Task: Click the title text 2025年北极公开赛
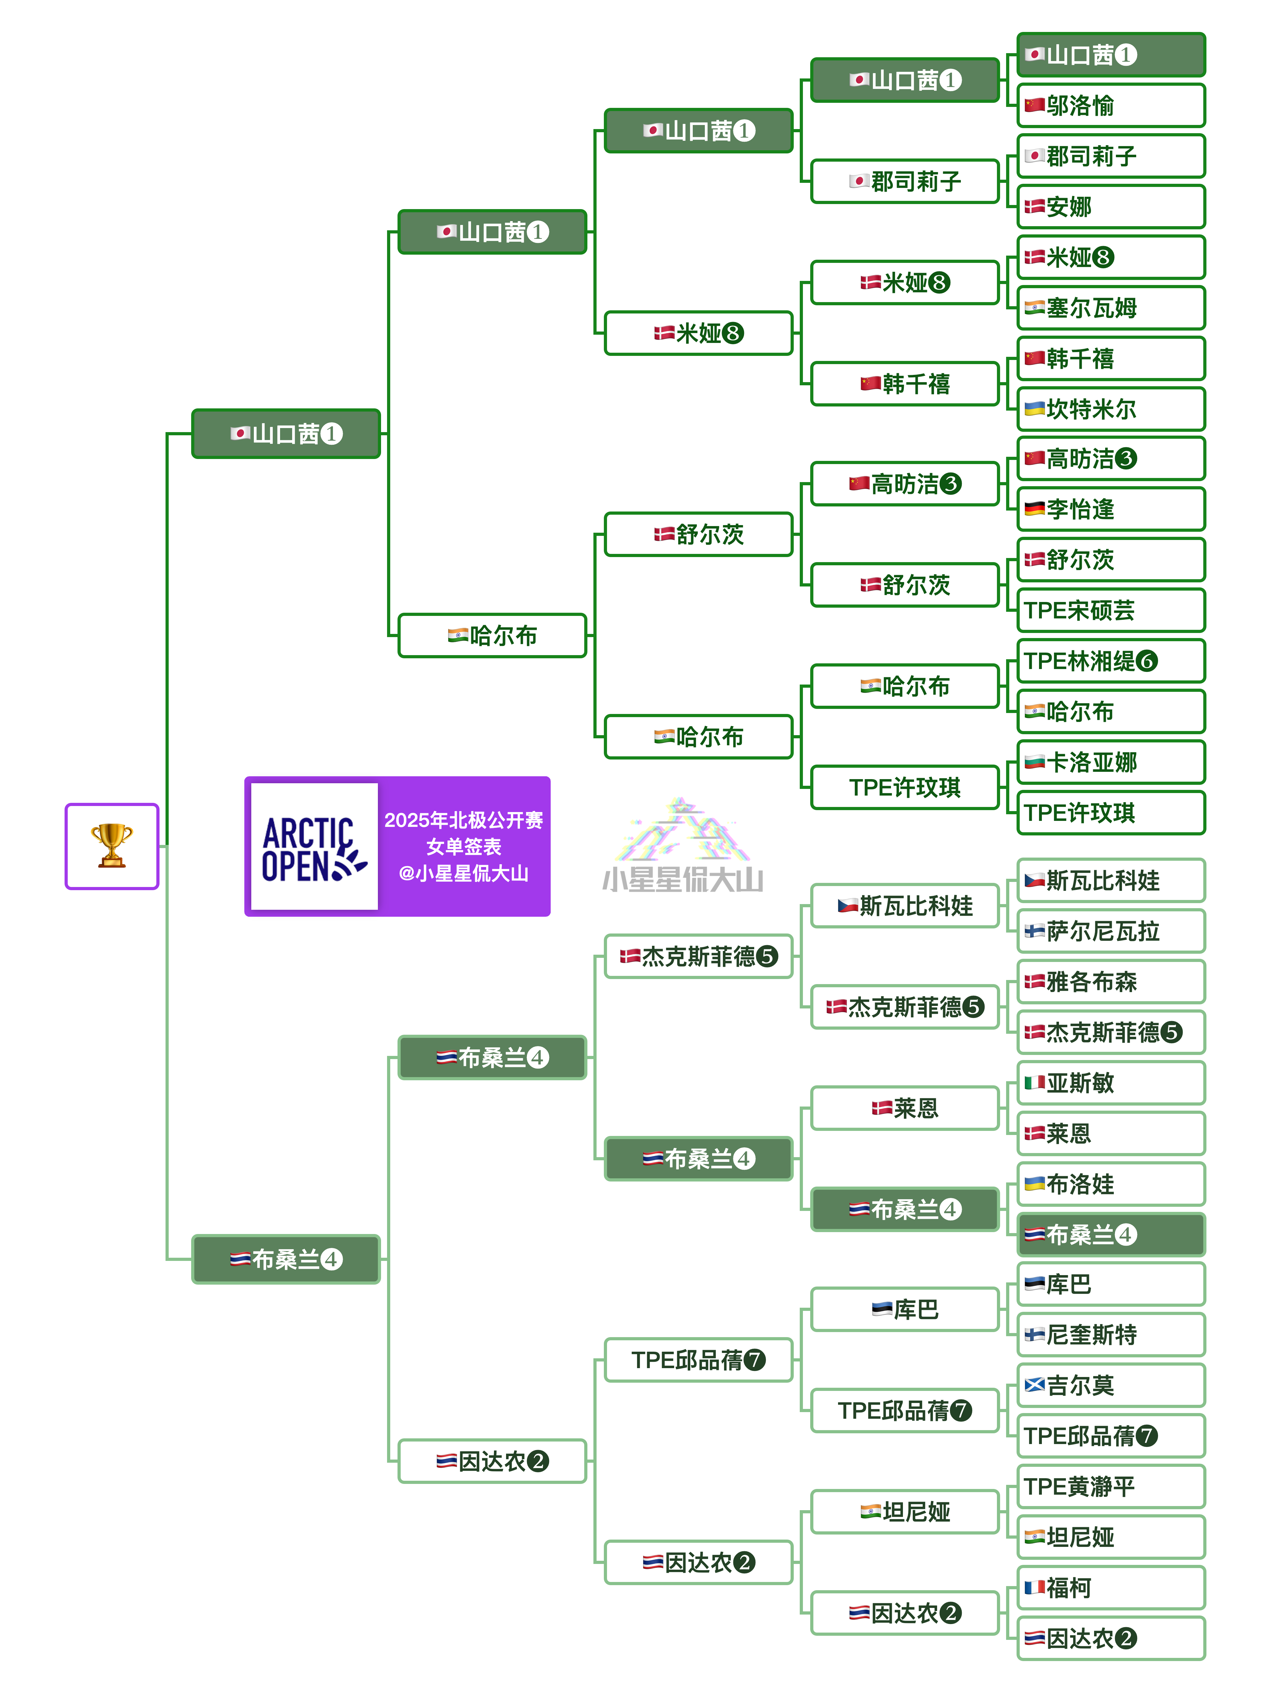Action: (x=463, y=821)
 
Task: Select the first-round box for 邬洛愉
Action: (x=1110, y=106)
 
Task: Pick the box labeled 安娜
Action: (x=1110, y=207)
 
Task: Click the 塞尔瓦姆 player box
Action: (x=1110, y=308)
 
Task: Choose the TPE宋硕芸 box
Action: (x=1110, y=610)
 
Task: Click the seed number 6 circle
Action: (x=1146, y=660)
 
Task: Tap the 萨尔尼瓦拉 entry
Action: (x=1110, y=932)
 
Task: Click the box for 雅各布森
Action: (x=1110, y=982)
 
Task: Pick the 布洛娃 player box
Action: (x=1110, y=1184)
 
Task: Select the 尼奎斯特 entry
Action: (x=1110, y=1335)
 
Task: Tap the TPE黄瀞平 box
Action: (x=1110, y=1486)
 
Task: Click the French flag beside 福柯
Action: (x=1034, y=1587)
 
